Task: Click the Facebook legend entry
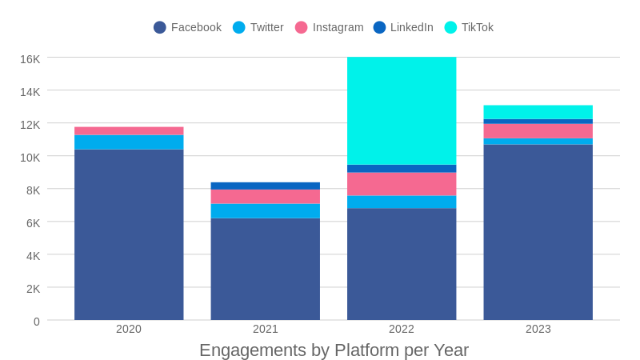tap(187, 27)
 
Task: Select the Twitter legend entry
tap(258, 27)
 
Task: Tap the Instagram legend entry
tap(329, 27)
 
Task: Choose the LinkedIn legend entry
tap(403, 27)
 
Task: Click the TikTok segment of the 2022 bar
tap(402, 110)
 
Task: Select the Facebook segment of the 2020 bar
tap(129, 234)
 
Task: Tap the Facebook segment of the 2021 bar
tap(266, 269)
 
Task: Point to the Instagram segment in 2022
tap(402, 184)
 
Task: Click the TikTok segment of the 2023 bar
tap(538, 112)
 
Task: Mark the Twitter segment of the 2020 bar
tap(129, 142)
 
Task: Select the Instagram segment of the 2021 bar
tap(266, 197)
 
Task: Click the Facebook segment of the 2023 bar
tap(538, 232)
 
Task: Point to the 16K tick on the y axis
tap(30, 59)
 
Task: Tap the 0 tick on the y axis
tap(36, 322)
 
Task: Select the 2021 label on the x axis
tap(266, 329)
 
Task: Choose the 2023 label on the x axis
tap(538, 329)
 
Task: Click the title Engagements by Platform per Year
tap(334, 350)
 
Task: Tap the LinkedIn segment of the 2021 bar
tap(266, 186)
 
